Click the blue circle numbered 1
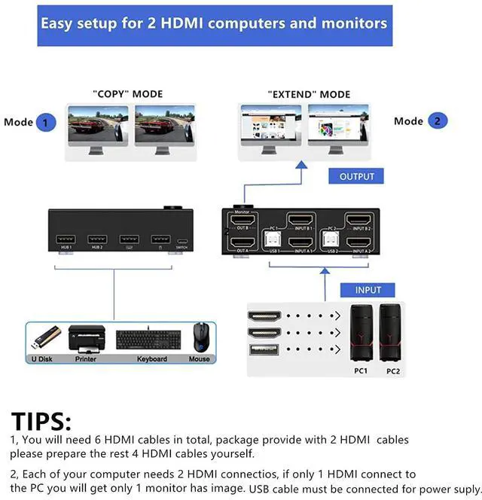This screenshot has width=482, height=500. pos(45,122)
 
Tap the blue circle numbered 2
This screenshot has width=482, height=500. pos(438,120)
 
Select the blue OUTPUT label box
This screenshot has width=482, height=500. pos(356,176)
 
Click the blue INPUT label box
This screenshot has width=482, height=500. pos(368,290)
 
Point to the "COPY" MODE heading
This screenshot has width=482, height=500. pos(127,94)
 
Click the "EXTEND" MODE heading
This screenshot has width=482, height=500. pos(309,94)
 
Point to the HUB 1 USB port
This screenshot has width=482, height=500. pos(65,240)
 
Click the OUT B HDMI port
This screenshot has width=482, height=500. pos(242,220)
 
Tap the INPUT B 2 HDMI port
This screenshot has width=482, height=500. pos(358,220)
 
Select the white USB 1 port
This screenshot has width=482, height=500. pos(270,240)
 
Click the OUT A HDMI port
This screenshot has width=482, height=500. pos(242,243)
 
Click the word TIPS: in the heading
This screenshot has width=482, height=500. pos(41,422)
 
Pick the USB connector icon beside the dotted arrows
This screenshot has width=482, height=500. pos(264,350)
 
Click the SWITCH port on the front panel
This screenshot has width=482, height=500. pos(182,241)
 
